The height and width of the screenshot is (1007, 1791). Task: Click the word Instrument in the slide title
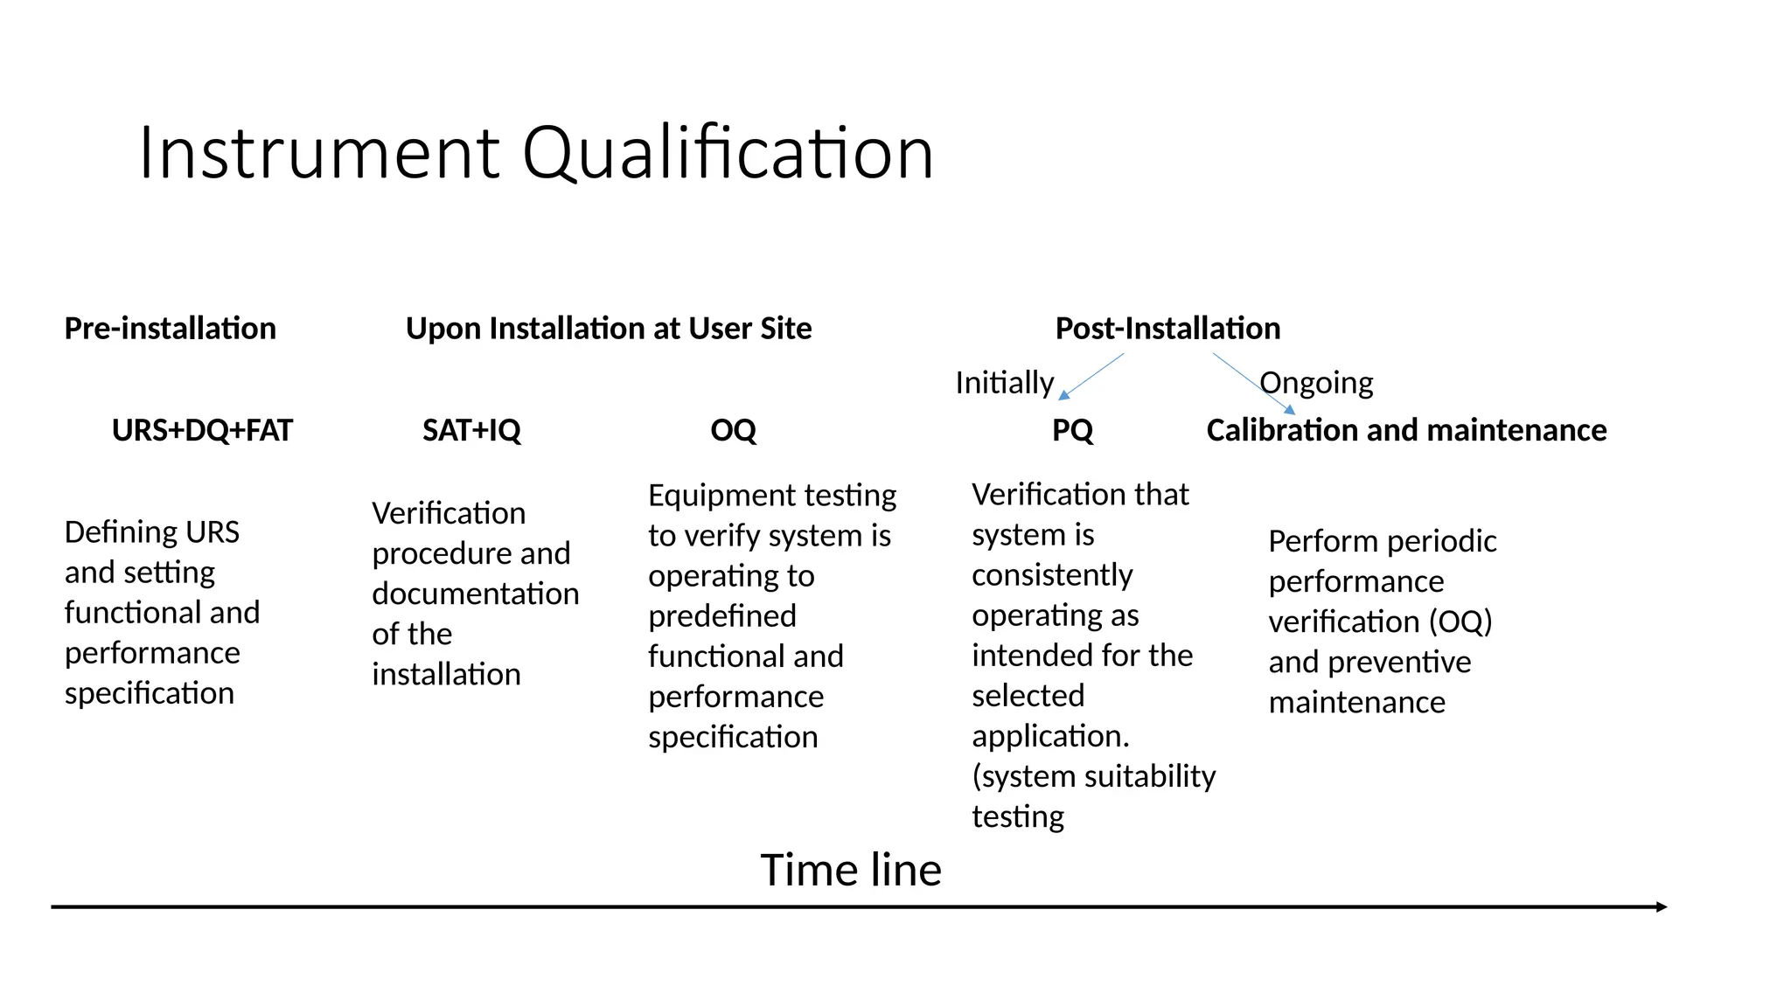(319, 153)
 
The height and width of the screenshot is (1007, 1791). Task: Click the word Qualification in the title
(728, 153)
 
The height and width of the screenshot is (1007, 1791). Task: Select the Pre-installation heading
(171, 329)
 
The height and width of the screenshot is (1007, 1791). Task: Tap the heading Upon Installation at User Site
(609, 329)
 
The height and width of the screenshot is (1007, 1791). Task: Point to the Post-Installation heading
(1167, 329)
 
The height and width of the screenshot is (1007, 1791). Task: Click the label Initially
(1004, 383)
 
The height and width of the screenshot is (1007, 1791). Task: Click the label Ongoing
(1317, 383)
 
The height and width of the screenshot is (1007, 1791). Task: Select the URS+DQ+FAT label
(202, 430)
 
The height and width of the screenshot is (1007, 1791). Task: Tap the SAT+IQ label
(471, 430)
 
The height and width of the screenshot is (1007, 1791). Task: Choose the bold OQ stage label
(733, 430)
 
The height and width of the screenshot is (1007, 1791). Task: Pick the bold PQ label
(1072, 430)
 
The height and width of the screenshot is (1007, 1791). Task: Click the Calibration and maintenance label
(1406, 430)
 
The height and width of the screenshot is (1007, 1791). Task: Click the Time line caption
(851, 870)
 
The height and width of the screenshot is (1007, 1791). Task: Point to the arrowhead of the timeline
(1662, 907)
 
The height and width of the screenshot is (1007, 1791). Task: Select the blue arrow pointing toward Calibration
(1253, 383)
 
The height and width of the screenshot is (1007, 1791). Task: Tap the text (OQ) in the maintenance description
(1460, 622)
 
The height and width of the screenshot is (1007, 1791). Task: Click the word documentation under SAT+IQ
(476, 594)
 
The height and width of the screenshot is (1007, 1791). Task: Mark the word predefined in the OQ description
(722, 616)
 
